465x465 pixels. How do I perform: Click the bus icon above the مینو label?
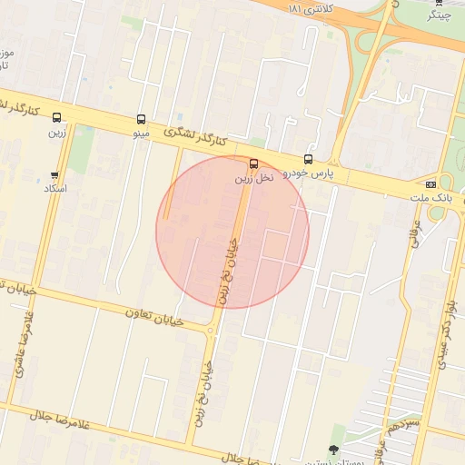pos(141,119)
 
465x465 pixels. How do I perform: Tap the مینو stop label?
pos(141,134)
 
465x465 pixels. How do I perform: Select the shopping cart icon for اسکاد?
pos(55,174)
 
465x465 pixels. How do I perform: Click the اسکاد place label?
pos(55,188)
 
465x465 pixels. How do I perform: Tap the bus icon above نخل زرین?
pos(252,164)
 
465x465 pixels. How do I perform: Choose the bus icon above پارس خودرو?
pos(309,160)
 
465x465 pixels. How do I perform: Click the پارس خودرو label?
pos(309,173)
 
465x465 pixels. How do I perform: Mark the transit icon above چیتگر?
pos(439,3)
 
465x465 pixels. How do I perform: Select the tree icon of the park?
pos(334,449)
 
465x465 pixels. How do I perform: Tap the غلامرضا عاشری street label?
pos(19,344)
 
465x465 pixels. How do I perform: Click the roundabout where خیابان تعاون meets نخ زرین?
pos(213,329)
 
